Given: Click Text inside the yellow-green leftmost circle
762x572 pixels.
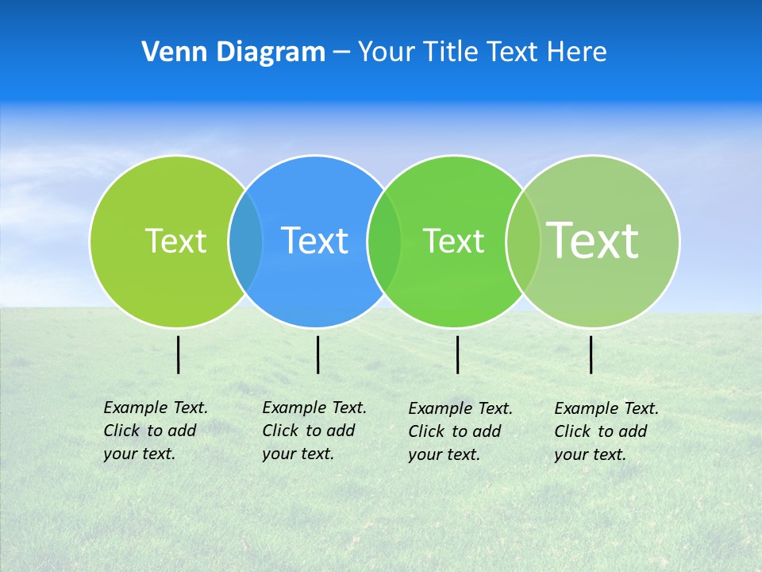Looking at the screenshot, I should point(175,241).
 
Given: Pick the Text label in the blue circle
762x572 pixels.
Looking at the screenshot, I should point(314,241).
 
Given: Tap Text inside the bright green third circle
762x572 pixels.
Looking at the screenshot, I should point(453,242).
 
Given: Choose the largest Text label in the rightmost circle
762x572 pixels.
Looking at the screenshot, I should point(593,240).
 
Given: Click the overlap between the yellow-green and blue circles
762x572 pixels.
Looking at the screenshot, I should point(245,242).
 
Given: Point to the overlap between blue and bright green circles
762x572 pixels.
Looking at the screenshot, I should point(384,242).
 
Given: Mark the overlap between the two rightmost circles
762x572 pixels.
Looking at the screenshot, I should point(522,242).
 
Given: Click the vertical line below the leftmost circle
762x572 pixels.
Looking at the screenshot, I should point(179,354).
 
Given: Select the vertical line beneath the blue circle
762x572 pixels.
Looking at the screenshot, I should point(317,354).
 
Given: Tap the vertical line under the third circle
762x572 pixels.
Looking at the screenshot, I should point(458,354).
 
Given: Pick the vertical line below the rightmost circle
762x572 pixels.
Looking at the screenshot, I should point(591,354).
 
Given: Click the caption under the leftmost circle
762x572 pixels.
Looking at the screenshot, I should point(156,431).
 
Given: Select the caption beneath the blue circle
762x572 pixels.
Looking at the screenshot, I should point(314,431).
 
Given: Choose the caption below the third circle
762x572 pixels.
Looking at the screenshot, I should point(460,431).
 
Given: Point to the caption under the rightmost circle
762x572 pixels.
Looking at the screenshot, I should point(606,431).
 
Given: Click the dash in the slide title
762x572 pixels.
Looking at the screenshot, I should point(341,52).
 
